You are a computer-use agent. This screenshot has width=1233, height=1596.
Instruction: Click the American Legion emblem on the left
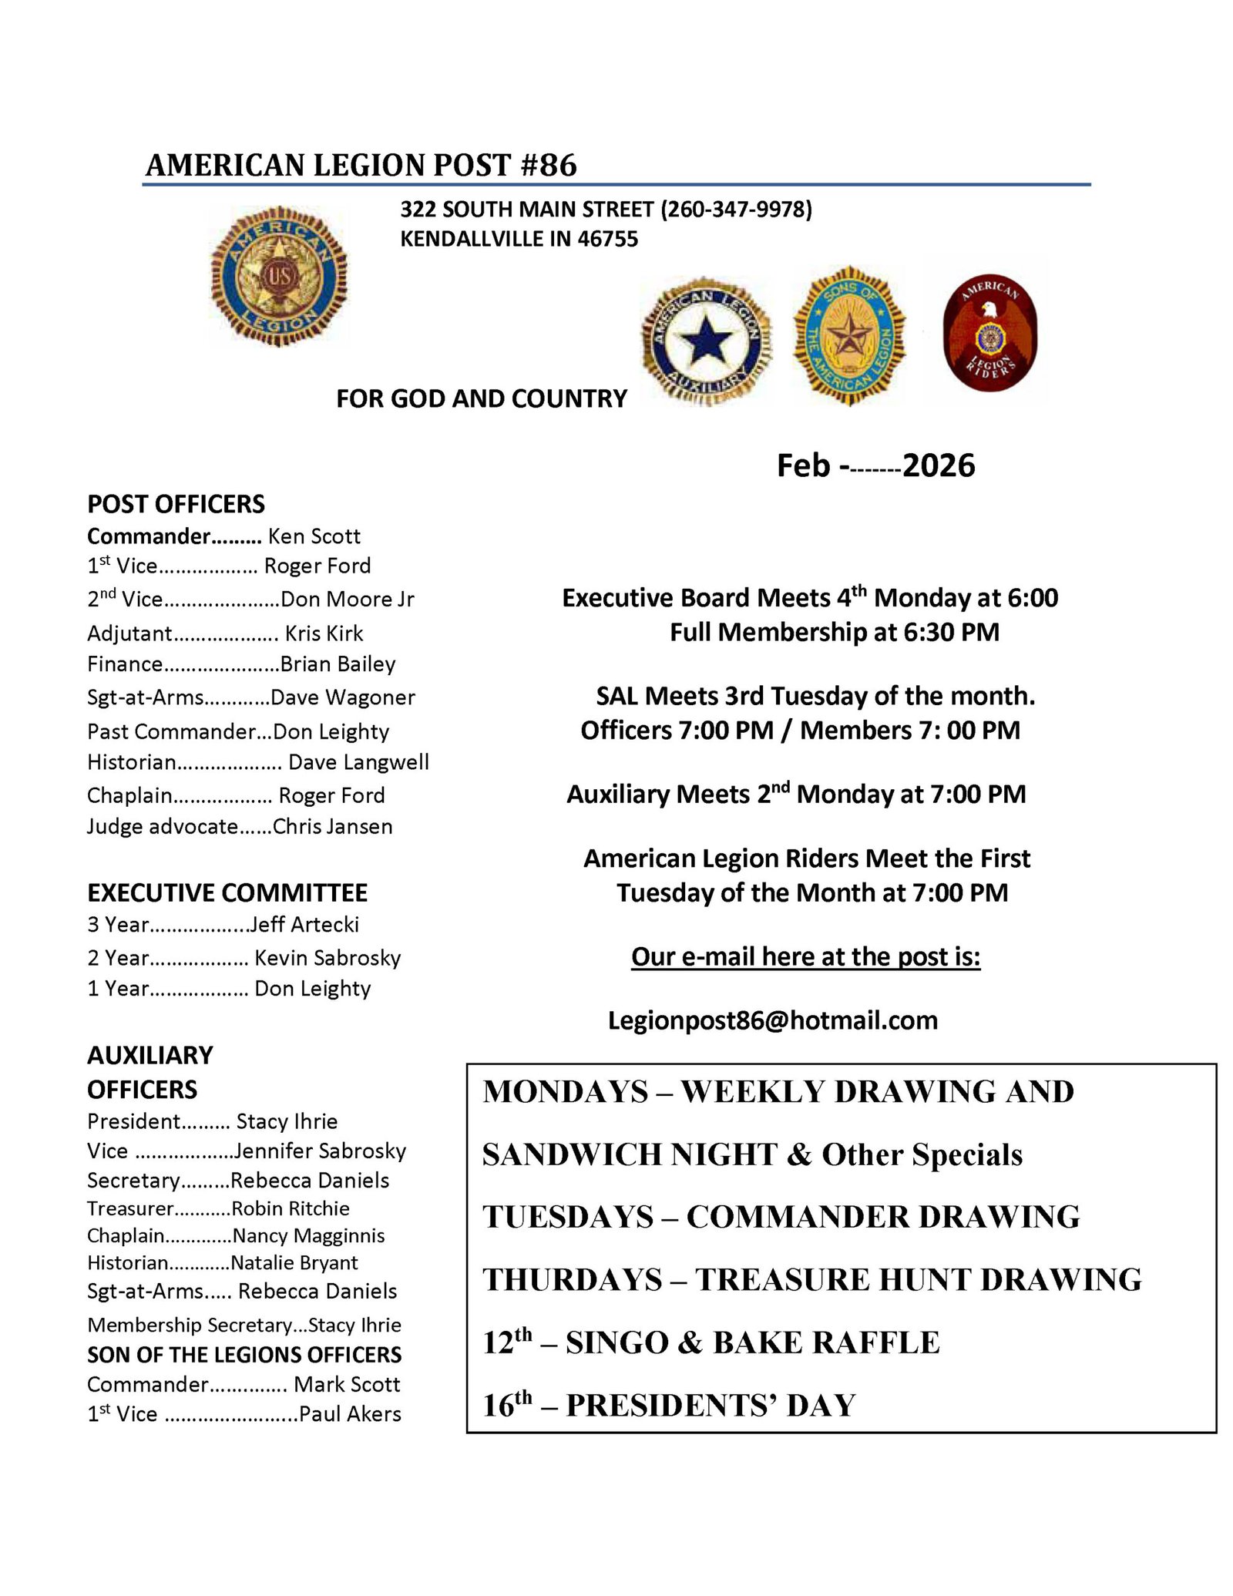(x=278, y=276)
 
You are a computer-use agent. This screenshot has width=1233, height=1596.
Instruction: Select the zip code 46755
(x=608, y=239)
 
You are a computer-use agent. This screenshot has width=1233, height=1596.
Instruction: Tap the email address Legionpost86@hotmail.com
(x=772, y=1020)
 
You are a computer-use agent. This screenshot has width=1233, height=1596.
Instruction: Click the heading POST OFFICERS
(x=176, y=504)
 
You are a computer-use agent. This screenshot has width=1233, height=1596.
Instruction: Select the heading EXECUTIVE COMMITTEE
(x=227, y=892)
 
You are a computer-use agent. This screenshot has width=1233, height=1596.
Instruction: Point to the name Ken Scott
(x=314, y=536)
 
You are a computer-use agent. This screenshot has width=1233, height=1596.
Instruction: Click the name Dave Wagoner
(x=343, y=697)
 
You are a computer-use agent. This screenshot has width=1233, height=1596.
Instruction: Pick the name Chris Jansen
(x=333, y=826)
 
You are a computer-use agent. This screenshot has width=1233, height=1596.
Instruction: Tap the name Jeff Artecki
(x=304, y=924)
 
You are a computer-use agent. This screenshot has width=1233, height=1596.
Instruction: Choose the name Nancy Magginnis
(x=308, y=1235)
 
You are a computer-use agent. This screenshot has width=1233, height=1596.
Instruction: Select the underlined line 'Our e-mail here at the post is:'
(x=805, y=956)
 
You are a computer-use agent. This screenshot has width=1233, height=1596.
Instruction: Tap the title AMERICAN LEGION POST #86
(x=361, y=165)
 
